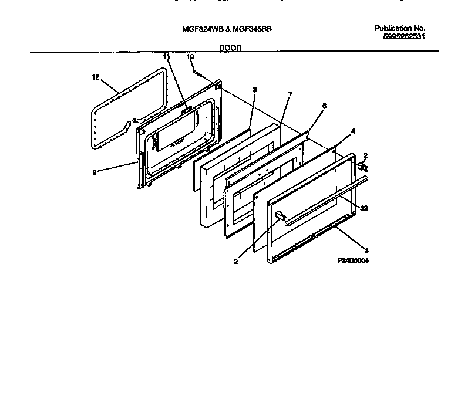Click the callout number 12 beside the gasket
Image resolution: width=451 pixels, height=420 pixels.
tap(96, 76)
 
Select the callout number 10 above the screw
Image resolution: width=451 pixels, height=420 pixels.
tap(190, 56)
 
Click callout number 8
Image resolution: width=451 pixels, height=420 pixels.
tap(254, 89)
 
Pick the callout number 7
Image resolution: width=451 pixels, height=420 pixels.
tap(290, 94)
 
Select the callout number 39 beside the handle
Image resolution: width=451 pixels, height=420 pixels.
tap(364, 208)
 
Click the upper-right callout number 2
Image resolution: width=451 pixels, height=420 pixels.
tap(365, 155)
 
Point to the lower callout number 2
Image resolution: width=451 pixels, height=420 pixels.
tap(235, 262)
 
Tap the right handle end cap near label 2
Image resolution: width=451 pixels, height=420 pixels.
tap(362, 168)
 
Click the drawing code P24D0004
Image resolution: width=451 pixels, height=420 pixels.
tap(354, 260)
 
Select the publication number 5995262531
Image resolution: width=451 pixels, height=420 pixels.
tap(402, 36)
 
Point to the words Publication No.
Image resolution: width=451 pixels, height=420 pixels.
tap(399, 28)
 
